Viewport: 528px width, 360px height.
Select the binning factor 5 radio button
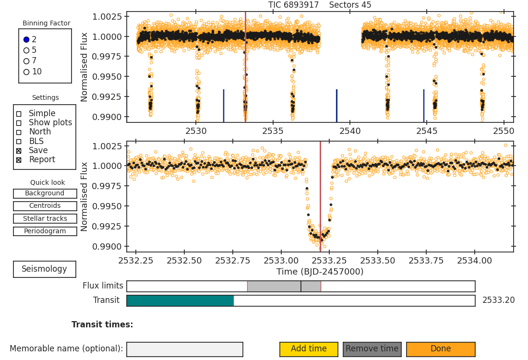26,50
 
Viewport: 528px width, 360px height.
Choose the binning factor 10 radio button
26,72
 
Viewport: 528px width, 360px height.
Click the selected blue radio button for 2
26,39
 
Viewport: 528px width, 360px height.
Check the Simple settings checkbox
19,114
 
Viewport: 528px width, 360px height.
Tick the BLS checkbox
19,142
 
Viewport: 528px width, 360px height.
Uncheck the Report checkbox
19,160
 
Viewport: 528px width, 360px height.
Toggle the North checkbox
19,132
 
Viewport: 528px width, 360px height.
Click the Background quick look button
45,193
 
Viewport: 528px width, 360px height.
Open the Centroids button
45,206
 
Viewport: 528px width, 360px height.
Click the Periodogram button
45,231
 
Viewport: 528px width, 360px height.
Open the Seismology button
45,269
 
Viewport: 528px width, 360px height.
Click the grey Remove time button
372,349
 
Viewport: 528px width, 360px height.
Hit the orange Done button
441,349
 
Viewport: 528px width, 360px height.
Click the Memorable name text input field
185,349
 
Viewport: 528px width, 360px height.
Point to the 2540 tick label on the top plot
350,131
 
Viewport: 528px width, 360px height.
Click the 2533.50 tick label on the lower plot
378,261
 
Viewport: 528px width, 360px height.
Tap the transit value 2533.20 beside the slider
498,300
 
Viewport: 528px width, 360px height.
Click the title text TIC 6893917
293,5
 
